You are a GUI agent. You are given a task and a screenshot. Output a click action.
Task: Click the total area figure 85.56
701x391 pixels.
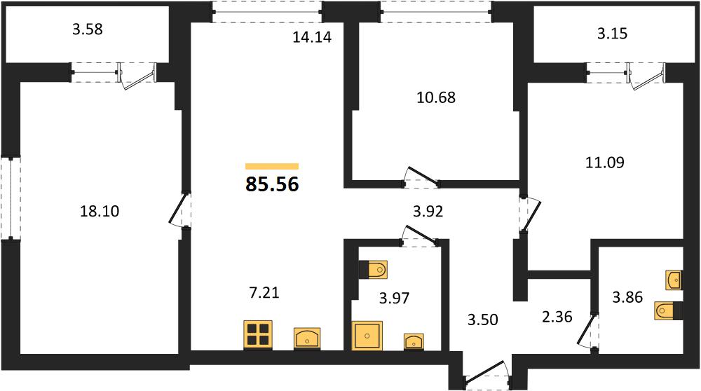click(272, 184)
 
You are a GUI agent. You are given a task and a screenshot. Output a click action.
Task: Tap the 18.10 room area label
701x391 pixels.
click(100, 211)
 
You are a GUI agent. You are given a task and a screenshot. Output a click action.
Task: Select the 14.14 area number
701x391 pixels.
click(312, 37)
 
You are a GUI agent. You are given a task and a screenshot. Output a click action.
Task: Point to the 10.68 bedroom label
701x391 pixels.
click(436, 97)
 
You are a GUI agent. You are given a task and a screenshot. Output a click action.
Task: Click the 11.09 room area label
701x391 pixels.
click(605, 162)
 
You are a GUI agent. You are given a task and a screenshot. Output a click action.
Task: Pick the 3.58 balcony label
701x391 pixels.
click(88, 29)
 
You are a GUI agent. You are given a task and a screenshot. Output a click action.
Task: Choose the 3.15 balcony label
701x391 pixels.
click(613, 34)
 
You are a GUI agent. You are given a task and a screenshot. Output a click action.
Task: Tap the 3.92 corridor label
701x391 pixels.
click(428, 211)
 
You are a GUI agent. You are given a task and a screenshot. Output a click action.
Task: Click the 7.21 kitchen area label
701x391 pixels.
click(264, 293)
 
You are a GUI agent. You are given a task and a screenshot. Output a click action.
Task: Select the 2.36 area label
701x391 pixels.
click(557, 317)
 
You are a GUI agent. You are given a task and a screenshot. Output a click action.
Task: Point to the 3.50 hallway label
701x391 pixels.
click(483, 320)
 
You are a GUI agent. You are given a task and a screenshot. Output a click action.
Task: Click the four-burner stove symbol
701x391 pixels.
click(259, 334)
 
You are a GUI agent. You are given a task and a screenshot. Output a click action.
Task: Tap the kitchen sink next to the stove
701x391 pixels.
click(307, 338)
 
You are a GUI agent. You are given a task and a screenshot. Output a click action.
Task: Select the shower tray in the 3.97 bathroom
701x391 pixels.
click(367, 335)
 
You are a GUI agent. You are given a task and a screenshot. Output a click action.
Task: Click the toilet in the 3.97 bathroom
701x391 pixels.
click(374, 270)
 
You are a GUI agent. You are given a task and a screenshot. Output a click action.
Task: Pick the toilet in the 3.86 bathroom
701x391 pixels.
click(668, 310)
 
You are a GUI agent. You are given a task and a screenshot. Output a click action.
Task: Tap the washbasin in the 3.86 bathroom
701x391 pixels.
click(674, 280)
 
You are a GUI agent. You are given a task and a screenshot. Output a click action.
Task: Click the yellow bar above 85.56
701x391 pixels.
click(272, 167)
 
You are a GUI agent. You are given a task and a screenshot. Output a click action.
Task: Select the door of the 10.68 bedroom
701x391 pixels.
click(421, 177)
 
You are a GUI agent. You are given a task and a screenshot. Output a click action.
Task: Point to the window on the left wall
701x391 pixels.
click(11, 198)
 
